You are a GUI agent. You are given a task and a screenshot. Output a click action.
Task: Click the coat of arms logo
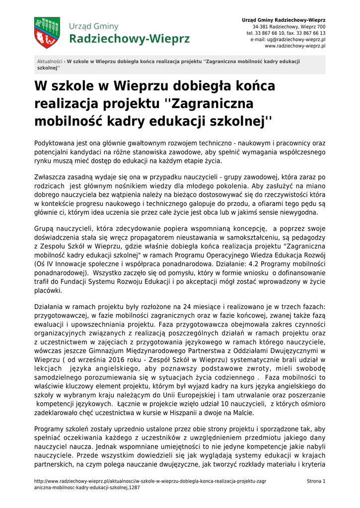point(47,33)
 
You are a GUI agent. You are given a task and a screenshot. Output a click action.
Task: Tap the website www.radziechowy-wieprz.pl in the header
point(295,46)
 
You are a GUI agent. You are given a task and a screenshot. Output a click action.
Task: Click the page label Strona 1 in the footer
point(316,481)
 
